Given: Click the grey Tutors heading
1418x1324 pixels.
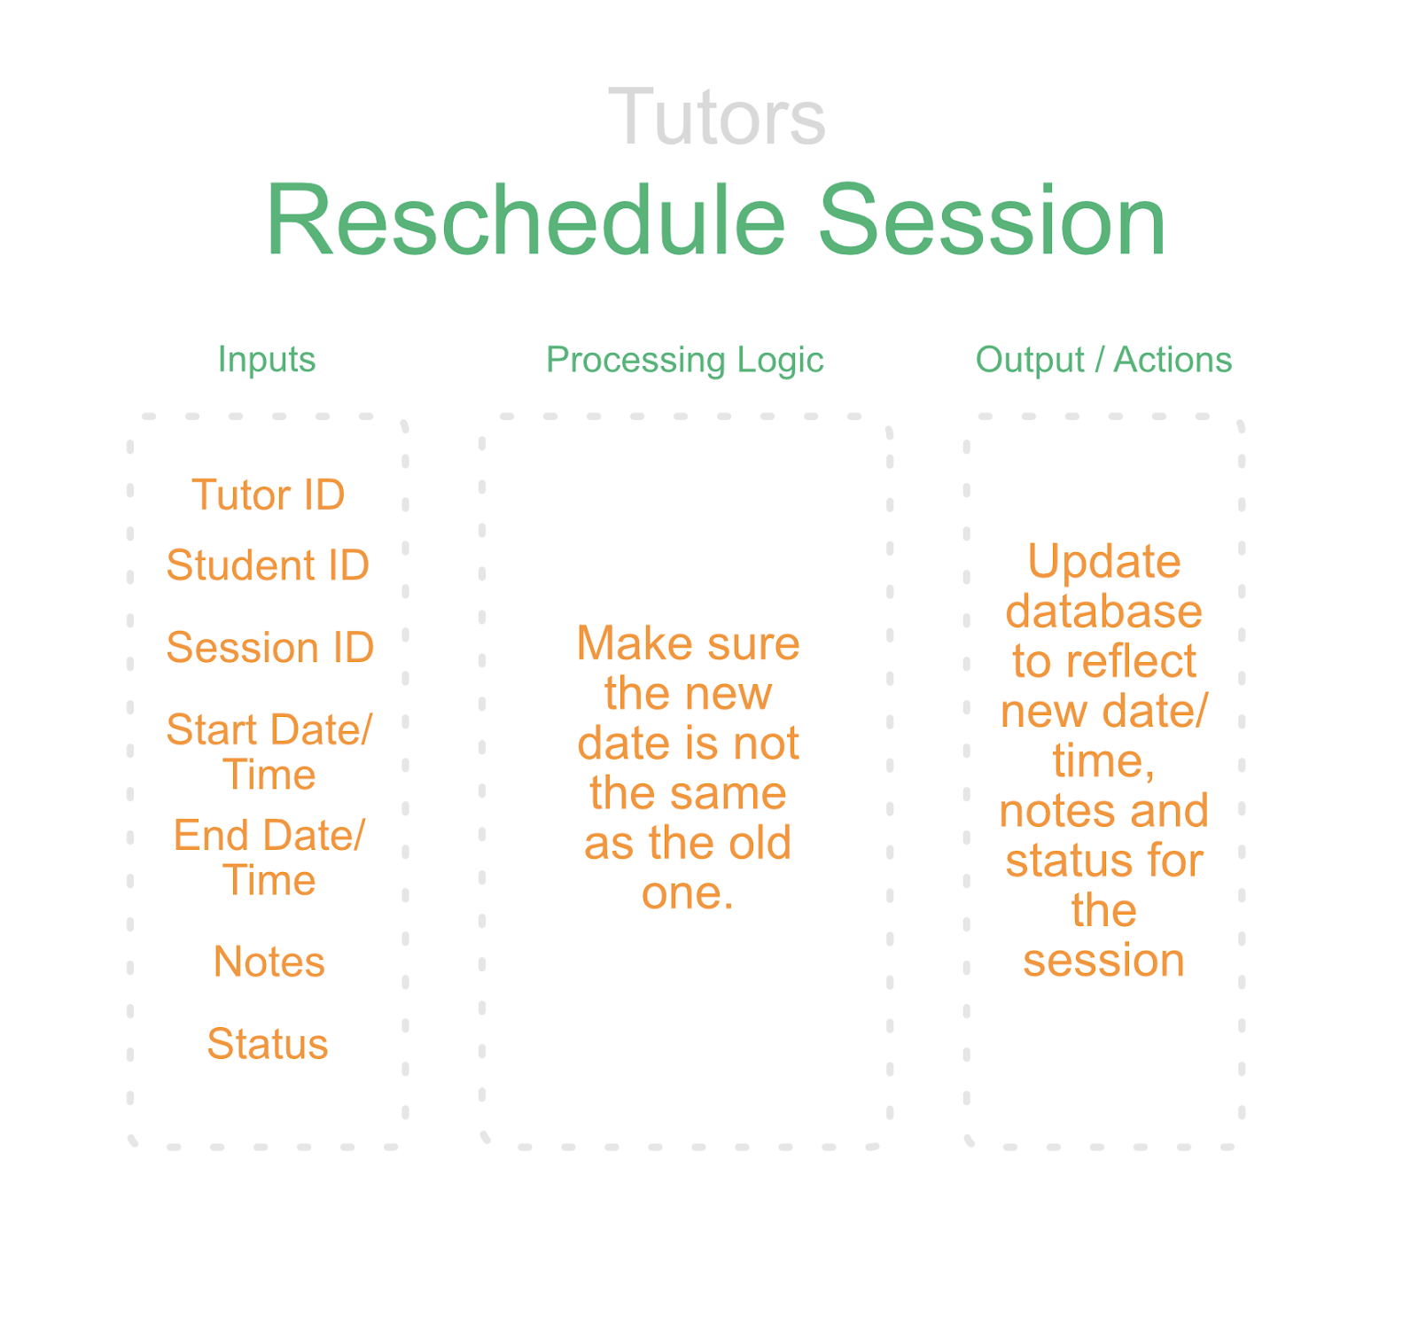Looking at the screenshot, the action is pyautogui.click(x=716, y=117).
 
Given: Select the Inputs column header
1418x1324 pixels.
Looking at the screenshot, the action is pyautogui.click(x=267, y=359).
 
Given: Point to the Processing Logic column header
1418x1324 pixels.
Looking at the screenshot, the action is pyautogui.click(x=685, y=360).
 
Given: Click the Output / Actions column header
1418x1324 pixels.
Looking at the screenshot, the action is pyautogui.click(x=1103, y=360).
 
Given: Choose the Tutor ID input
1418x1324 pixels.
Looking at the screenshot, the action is pyautogui.click(x=269, y=495).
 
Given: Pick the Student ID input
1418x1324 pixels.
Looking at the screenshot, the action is pyautogui.click(x=268, y=565).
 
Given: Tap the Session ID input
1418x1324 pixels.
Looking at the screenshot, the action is pyautogui.click(x=270, y=647).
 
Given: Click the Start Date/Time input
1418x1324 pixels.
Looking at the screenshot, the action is pyautogui.click(x=269, y=752).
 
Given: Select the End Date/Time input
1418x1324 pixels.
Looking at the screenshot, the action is pyautogui.click(x=269, y=857).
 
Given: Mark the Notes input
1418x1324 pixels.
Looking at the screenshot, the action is pyautogui.click(x=269, y=962).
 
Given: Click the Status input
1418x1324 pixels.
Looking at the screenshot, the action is pyautogui.click(x=268, y=1044).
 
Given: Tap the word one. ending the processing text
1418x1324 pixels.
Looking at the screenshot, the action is pyautogui.click(x=688, y=893).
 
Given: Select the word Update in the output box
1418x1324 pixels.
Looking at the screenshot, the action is pyautogui.click(x=1104, y=562).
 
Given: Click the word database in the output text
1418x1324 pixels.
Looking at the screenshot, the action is pyautogui.click(x=1104, y=611).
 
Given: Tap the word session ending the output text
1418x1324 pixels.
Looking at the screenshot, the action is pyautogui.click(x=1104, y=961).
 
